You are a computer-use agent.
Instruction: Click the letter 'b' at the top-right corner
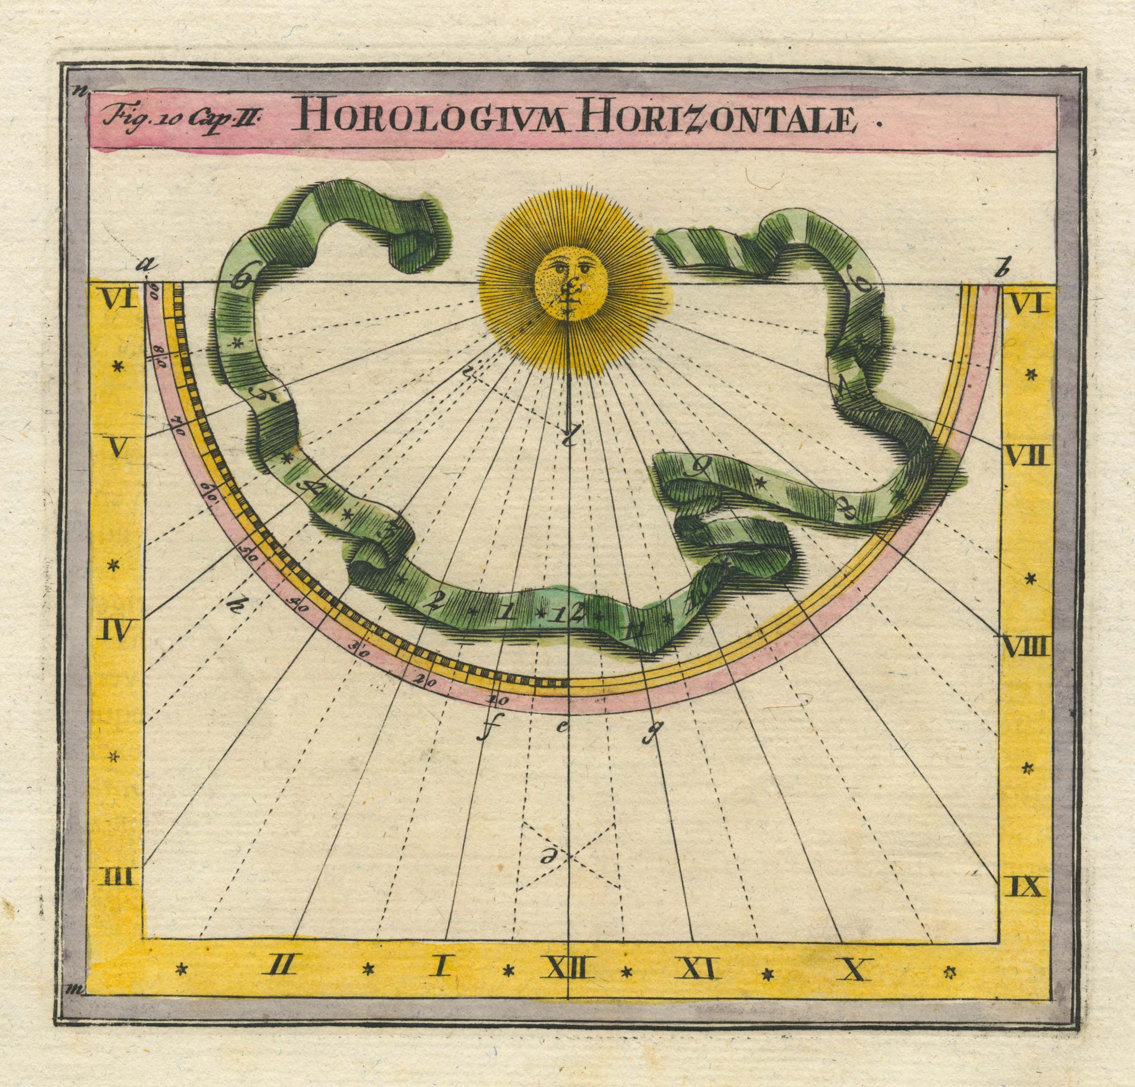coord(996,269)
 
